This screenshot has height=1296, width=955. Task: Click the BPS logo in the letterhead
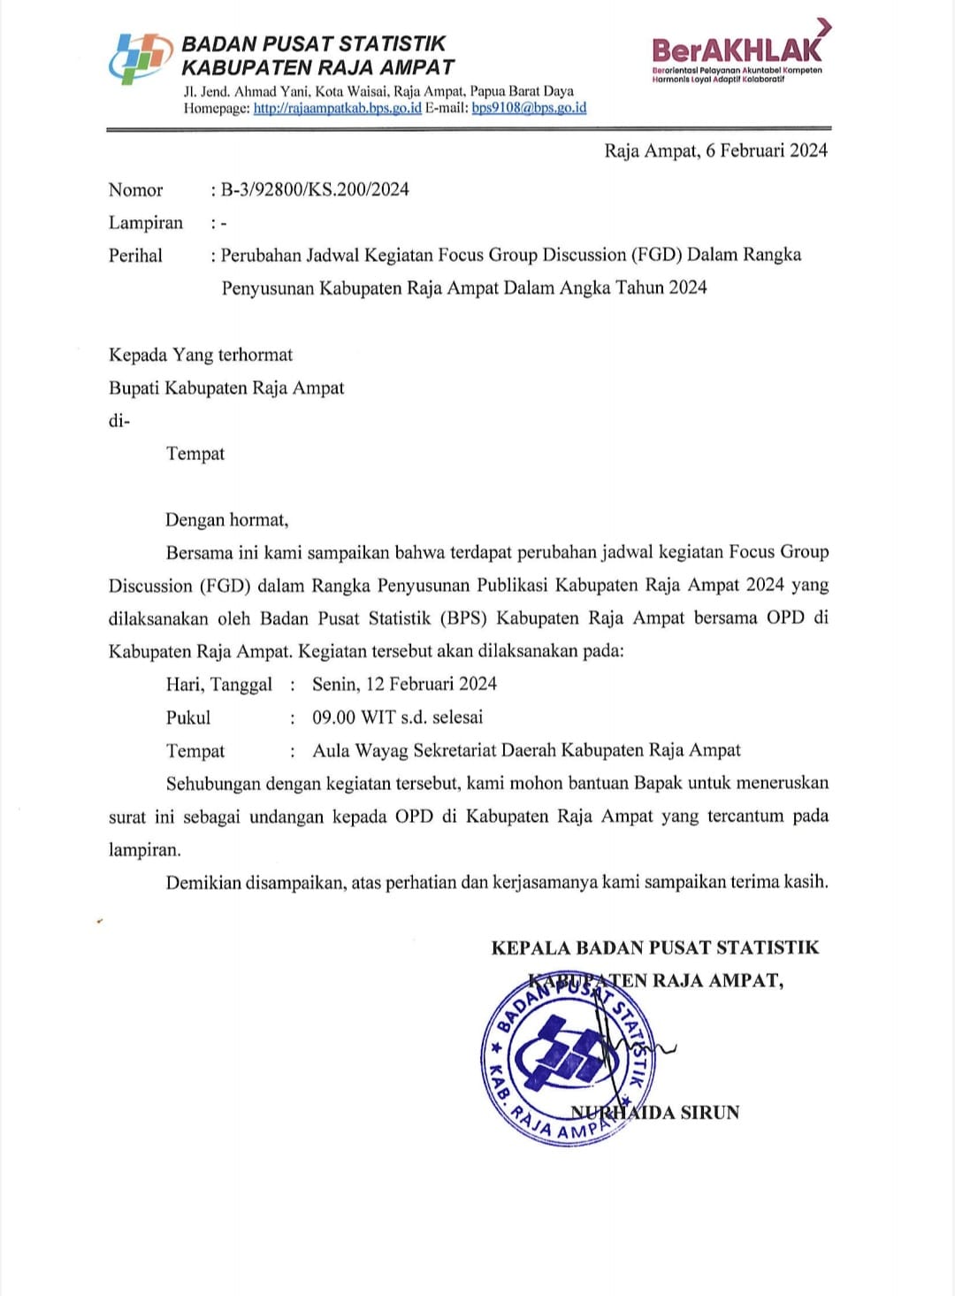pyautogui.click(x=140, y=58)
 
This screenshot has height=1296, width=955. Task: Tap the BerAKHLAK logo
pyautogui.click(x=738, y=51)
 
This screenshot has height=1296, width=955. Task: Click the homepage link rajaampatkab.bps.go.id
pyautogui.click(x=337, y=108)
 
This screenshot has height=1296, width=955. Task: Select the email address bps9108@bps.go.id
pyautogui.click(x=529, y=108)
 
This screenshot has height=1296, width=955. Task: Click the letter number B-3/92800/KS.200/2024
pyautogui.click(x=315, y=189)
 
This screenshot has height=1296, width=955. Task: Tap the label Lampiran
pyautogui.click(x=145, y=223)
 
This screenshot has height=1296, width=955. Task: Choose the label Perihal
pyautogui.click(x=135, y=256)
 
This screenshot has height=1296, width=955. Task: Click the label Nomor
pyautogui.click(x=135, y=190)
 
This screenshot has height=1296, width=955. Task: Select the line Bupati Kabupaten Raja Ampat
pyautogui.click(x=226, y=388)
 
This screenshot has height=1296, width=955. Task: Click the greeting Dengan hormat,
pyautogui.click(x=226, y=520)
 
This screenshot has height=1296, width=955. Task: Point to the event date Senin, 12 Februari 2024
pyautogui.click(x=404, y=684)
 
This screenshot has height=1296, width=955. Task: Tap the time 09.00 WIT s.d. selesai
pyautogui.click(x=397, y=717)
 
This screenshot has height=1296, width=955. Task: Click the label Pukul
pyautogui.click(x=188, y=717)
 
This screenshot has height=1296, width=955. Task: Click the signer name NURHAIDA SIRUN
pyautogui.click(x=655, y=1112)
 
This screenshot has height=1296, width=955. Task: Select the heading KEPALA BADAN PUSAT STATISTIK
pyautogui.click(x=654, y=948)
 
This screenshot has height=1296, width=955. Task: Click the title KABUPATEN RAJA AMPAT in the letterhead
pyautogui.click(x=317, y=68)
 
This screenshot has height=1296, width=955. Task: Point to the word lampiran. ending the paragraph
pyautogui.click(x=144, y=850)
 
